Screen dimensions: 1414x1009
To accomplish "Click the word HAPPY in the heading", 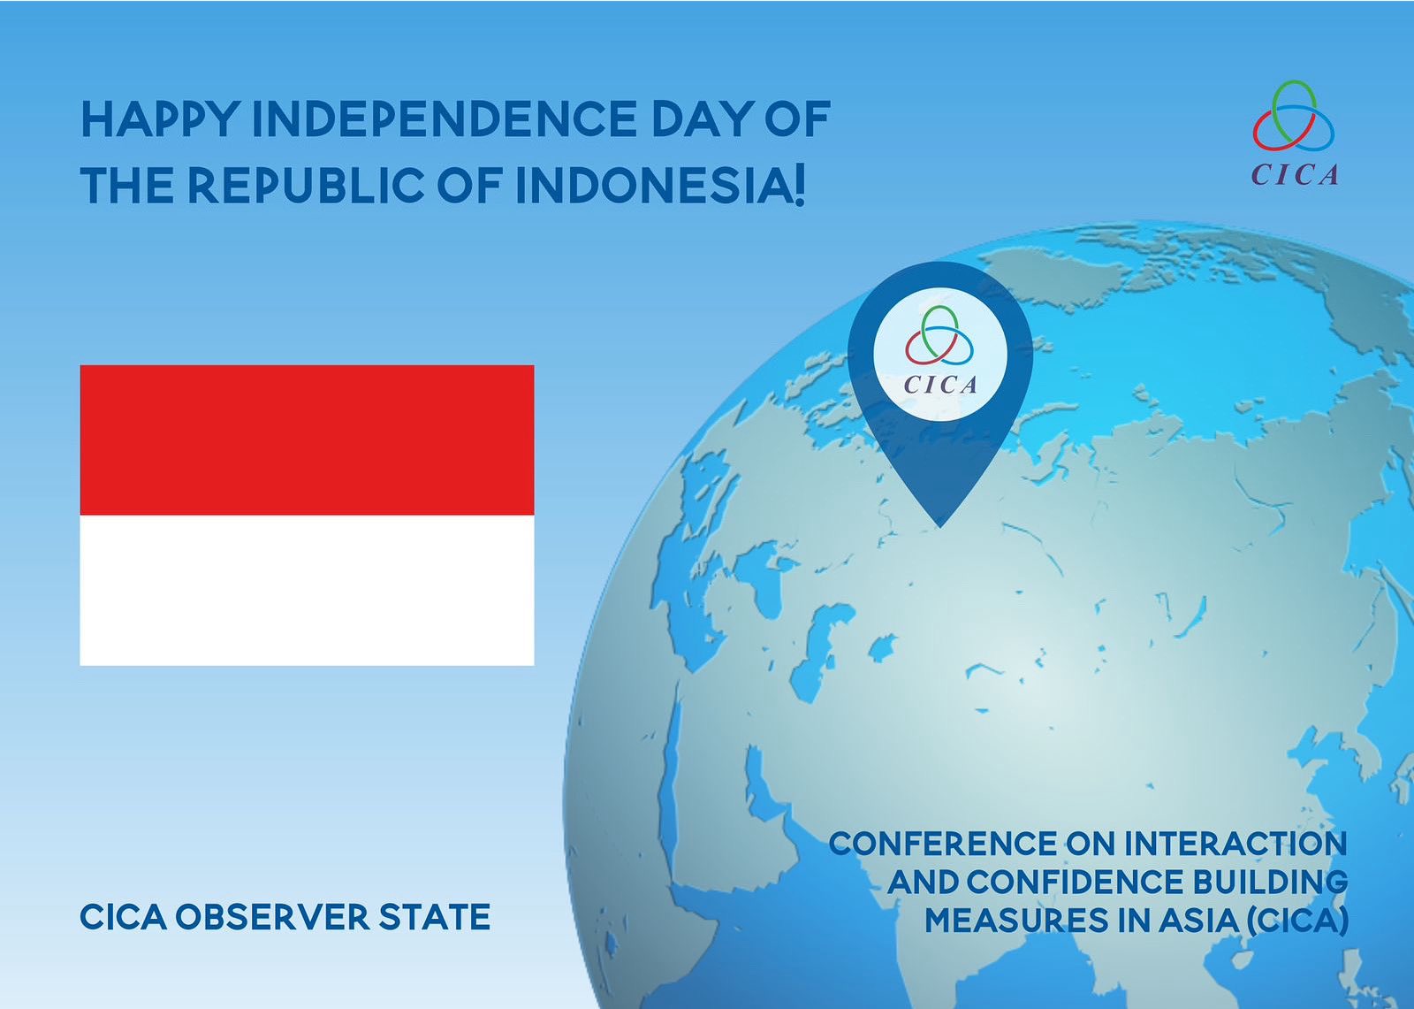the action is point(161,118).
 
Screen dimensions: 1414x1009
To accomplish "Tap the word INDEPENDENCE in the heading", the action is point(445,118).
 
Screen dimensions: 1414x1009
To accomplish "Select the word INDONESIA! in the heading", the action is point(660,186).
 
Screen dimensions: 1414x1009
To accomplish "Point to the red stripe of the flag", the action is point(307,440).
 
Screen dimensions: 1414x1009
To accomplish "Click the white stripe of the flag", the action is point(307,590).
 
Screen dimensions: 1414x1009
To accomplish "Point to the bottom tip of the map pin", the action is point(940,526).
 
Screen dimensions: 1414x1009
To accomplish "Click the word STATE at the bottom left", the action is point(434,917).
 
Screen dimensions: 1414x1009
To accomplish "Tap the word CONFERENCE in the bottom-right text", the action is point(943,844).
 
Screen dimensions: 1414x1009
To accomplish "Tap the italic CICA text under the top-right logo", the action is point(1294,175).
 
